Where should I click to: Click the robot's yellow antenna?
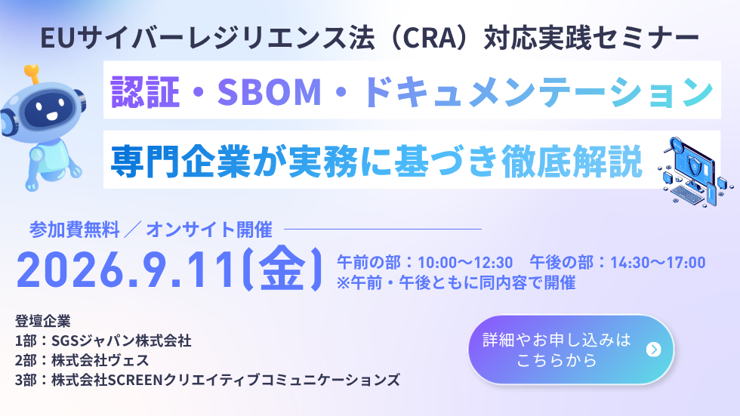(x=32, y=73)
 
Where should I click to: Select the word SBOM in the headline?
(x=269, y=91)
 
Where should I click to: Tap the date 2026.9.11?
(x=127, y=270)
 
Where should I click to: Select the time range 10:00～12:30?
(x=465, y=262)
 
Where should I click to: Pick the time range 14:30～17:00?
(x=658, y=262)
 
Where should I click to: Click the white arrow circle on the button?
(x=654, y=350)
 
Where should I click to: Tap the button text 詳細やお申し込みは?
(x=557, y=340)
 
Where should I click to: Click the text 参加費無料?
(x=75, y=230)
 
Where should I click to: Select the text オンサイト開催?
(x=209, y=230)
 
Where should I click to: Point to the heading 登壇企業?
(x=43, y=321)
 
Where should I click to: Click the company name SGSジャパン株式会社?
(x=122, y=341)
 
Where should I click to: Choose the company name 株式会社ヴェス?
(x=100, y=360)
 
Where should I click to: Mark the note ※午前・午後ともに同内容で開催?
(x=456, y=283)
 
